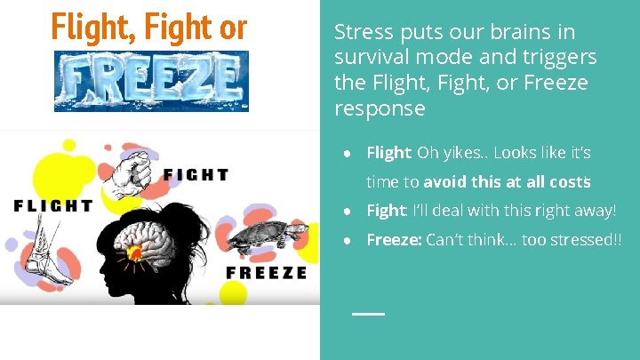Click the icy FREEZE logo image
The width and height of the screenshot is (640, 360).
click(151, 81)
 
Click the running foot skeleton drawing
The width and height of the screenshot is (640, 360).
click(40, 256)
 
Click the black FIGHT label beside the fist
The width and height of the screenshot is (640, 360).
click(196, 175)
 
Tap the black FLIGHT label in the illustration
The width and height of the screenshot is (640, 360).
click(53, 205)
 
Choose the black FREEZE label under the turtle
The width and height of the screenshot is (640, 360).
click(266, 272)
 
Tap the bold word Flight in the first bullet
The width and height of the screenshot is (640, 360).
click(388, 153)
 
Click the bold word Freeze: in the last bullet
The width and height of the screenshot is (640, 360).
click(394, 239)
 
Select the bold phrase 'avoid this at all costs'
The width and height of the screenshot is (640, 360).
click(508, 182)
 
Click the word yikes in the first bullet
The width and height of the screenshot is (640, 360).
click(459, 153)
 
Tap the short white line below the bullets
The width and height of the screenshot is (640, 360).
click(368, 314)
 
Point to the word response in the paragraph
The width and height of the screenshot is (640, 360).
click(380, 108)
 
